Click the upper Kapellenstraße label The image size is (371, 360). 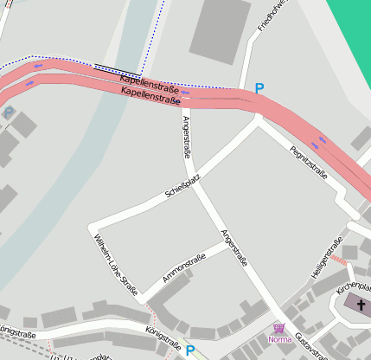[149, 83]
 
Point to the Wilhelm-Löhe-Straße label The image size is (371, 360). [115, 265]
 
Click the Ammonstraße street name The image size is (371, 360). [183, 268]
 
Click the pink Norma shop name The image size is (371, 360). [280, 339]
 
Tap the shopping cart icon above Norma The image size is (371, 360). [278, 328]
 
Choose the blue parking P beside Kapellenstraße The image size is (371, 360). [259, 88]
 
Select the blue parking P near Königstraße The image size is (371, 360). [190, 351]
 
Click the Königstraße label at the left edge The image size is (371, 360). [17, 331]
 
